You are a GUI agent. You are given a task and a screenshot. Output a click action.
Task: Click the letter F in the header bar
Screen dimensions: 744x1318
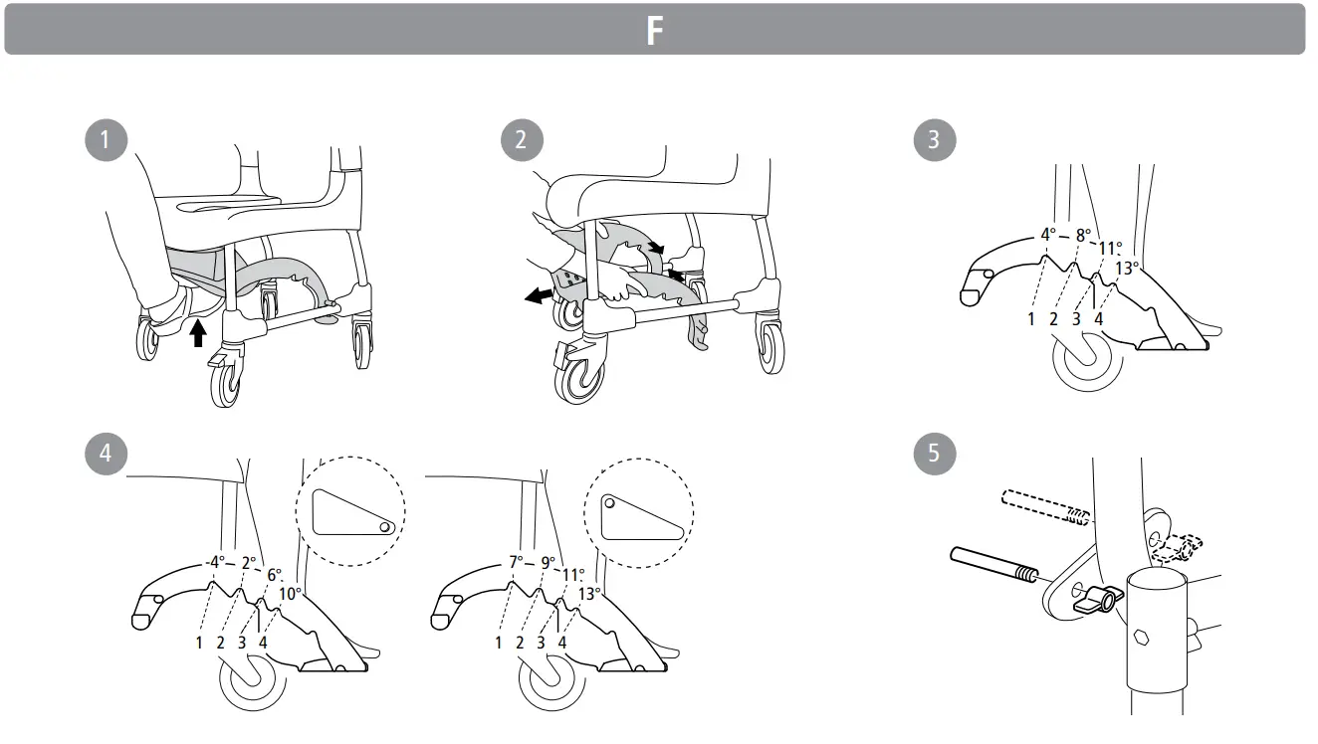pos(654,31)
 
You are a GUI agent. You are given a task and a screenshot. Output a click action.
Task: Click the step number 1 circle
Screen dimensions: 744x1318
pos(106,140)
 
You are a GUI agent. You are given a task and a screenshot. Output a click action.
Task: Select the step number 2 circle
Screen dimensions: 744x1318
pos(521,140)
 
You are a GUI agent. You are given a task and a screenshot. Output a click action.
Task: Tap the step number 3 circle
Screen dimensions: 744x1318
pos(933,140)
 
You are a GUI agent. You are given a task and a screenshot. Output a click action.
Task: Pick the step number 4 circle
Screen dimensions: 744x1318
pos(106,454)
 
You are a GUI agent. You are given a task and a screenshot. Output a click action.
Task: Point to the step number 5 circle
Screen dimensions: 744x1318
pos(933,454)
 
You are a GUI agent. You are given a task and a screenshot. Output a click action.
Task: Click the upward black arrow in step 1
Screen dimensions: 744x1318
pos(197,331)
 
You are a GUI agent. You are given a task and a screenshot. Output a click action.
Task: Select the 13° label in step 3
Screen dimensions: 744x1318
pos(1127,268)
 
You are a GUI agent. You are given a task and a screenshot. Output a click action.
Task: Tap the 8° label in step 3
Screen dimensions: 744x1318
pos(1081,236)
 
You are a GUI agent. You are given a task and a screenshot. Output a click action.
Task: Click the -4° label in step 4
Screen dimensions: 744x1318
pos(216,562)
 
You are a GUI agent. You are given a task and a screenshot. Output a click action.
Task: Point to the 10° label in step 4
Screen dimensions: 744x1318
pos(290,594)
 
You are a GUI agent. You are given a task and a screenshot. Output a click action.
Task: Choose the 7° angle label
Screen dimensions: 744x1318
pos(516,562)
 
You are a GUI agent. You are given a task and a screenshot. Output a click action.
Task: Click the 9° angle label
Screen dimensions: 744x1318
pos(549,562)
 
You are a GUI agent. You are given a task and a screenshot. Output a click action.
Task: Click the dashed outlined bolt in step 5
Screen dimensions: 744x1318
pos(1045,505)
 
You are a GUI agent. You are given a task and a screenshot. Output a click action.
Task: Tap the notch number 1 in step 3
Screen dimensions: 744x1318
pos(1032,319)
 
